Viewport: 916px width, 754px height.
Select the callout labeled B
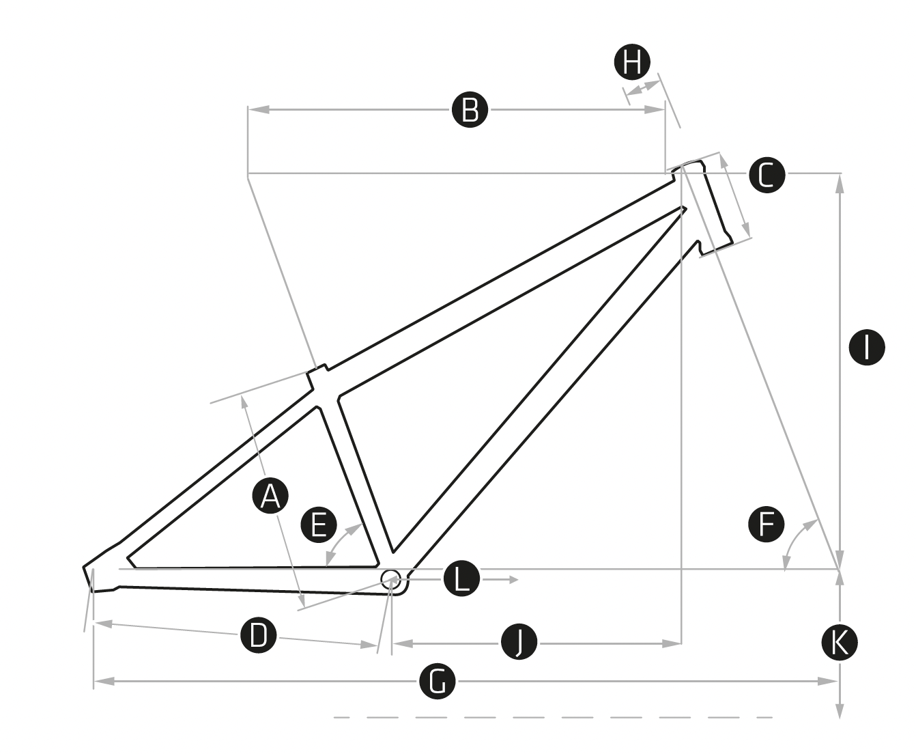click(x=470, y=109)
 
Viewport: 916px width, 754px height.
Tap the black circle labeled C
click(x=767, y=175)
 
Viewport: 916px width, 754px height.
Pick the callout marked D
click(x=258, y=636)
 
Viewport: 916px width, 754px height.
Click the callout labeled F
click(x=766, y=525)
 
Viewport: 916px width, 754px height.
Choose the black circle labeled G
click(x=438, y=681)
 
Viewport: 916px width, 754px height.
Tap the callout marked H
click(x=633, y=63)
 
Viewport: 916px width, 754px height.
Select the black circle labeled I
click(x=866, y=347)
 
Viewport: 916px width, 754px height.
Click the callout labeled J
click(x=519, y=642)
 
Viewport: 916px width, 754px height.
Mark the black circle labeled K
click(x=840, y=643)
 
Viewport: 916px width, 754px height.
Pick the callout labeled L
click(x=462, y=580)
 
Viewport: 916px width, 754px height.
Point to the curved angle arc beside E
click(x=340, y=543)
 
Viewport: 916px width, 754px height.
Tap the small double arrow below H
click(x=643, y=88)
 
